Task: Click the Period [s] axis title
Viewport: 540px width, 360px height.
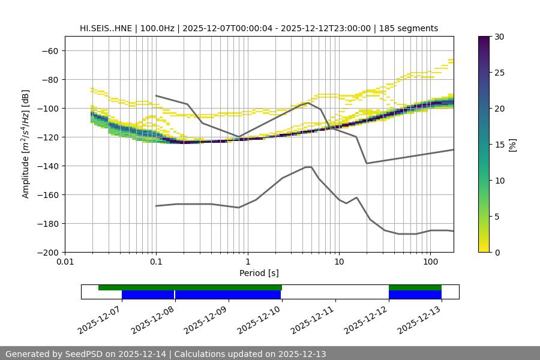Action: point(259,274)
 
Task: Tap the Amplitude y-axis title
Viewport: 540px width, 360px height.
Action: point(26,144)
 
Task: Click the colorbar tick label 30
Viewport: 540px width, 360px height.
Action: point(499,37)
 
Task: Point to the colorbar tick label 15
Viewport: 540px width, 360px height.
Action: point(499,145)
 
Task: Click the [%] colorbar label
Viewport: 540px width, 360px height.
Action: point(512,145)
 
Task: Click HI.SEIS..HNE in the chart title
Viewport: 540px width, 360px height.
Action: point(107,28)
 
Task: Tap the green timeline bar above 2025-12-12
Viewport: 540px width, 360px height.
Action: point(415,287)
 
